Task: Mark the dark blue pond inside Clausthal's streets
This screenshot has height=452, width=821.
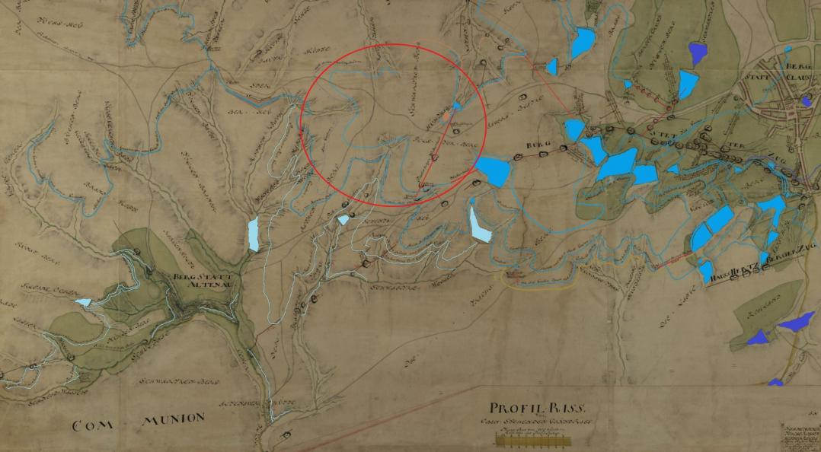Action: (x=806, y=100)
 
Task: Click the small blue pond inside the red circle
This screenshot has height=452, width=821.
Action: (x=456, y=107)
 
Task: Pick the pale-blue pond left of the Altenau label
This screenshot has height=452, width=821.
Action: (x=82, y=302)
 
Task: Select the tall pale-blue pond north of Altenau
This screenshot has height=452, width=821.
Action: (x=254, y=234)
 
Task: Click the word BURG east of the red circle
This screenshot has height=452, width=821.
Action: (x=538, y=143)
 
